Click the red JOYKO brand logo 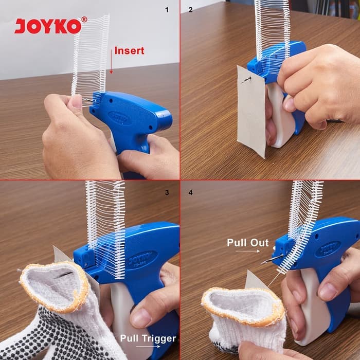click(x=50, y=25)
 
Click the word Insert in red click(x=129, y=51)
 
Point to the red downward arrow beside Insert click(x=111, y=62)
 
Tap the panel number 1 click(x=167, y=10)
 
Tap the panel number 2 click(x=191, y=10)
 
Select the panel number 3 click(x=167, y=192)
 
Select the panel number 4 click(x=191, y=192)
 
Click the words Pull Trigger click(x=148, y=338)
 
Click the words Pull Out click(x=248, y=243)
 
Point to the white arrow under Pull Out click(x=247, y=251)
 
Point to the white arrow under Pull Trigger click(x=148, y=347)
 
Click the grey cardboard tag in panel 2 click(x=252, y=112)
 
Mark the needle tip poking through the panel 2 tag click(x=242, y=82)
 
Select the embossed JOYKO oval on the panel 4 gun click(x=328, y=249)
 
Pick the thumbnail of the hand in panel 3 click(x=140, y=318)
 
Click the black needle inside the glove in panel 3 click(x=64, y=275)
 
